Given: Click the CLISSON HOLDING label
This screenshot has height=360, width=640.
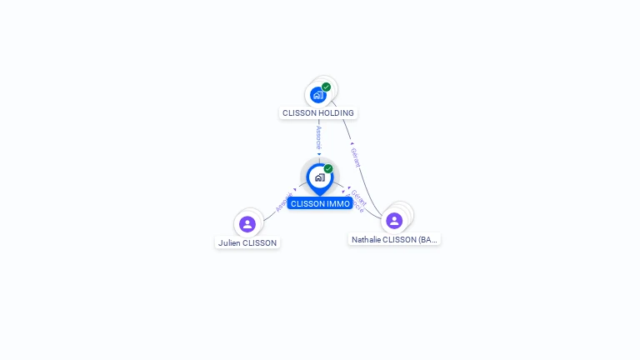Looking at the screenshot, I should (318, 112).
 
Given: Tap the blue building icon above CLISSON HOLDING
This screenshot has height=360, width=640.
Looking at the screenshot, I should (317, 95).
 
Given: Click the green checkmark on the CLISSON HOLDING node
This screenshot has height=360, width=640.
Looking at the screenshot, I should (326, 87).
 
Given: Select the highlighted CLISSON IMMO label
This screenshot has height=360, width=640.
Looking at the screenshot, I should (320, 203).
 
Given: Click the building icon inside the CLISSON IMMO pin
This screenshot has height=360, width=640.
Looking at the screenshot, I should (319, 177).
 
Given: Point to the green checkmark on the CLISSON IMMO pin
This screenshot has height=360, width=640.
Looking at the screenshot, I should (328, 168).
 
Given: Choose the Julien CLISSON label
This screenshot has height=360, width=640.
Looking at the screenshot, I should (247, 242).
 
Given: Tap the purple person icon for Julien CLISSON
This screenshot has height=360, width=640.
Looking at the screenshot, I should (247, 223).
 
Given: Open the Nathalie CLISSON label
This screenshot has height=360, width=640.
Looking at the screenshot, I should (394, 239).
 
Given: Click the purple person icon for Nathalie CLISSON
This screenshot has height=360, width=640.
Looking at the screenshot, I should (394, 220).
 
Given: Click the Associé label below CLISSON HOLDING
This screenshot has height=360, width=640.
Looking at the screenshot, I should (318, 137).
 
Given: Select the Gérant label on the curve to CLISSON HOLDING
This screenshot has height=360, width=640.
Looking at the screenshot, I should (355, 157).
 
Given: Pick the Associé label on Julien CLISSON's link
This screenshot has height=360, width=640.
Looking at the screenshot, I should (284, 201).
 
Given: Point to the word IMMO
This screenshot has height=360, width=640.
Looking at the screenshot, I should (338, 203).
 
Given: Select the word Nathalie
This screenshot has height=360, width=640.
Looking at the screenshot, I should (366, 239).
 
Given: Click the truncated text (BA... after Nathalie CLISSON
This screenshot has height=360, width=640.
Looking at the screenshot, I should (427, 239).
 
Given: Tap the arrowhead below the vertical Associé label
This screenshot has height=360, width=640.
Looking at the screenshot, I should (318, 154).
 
